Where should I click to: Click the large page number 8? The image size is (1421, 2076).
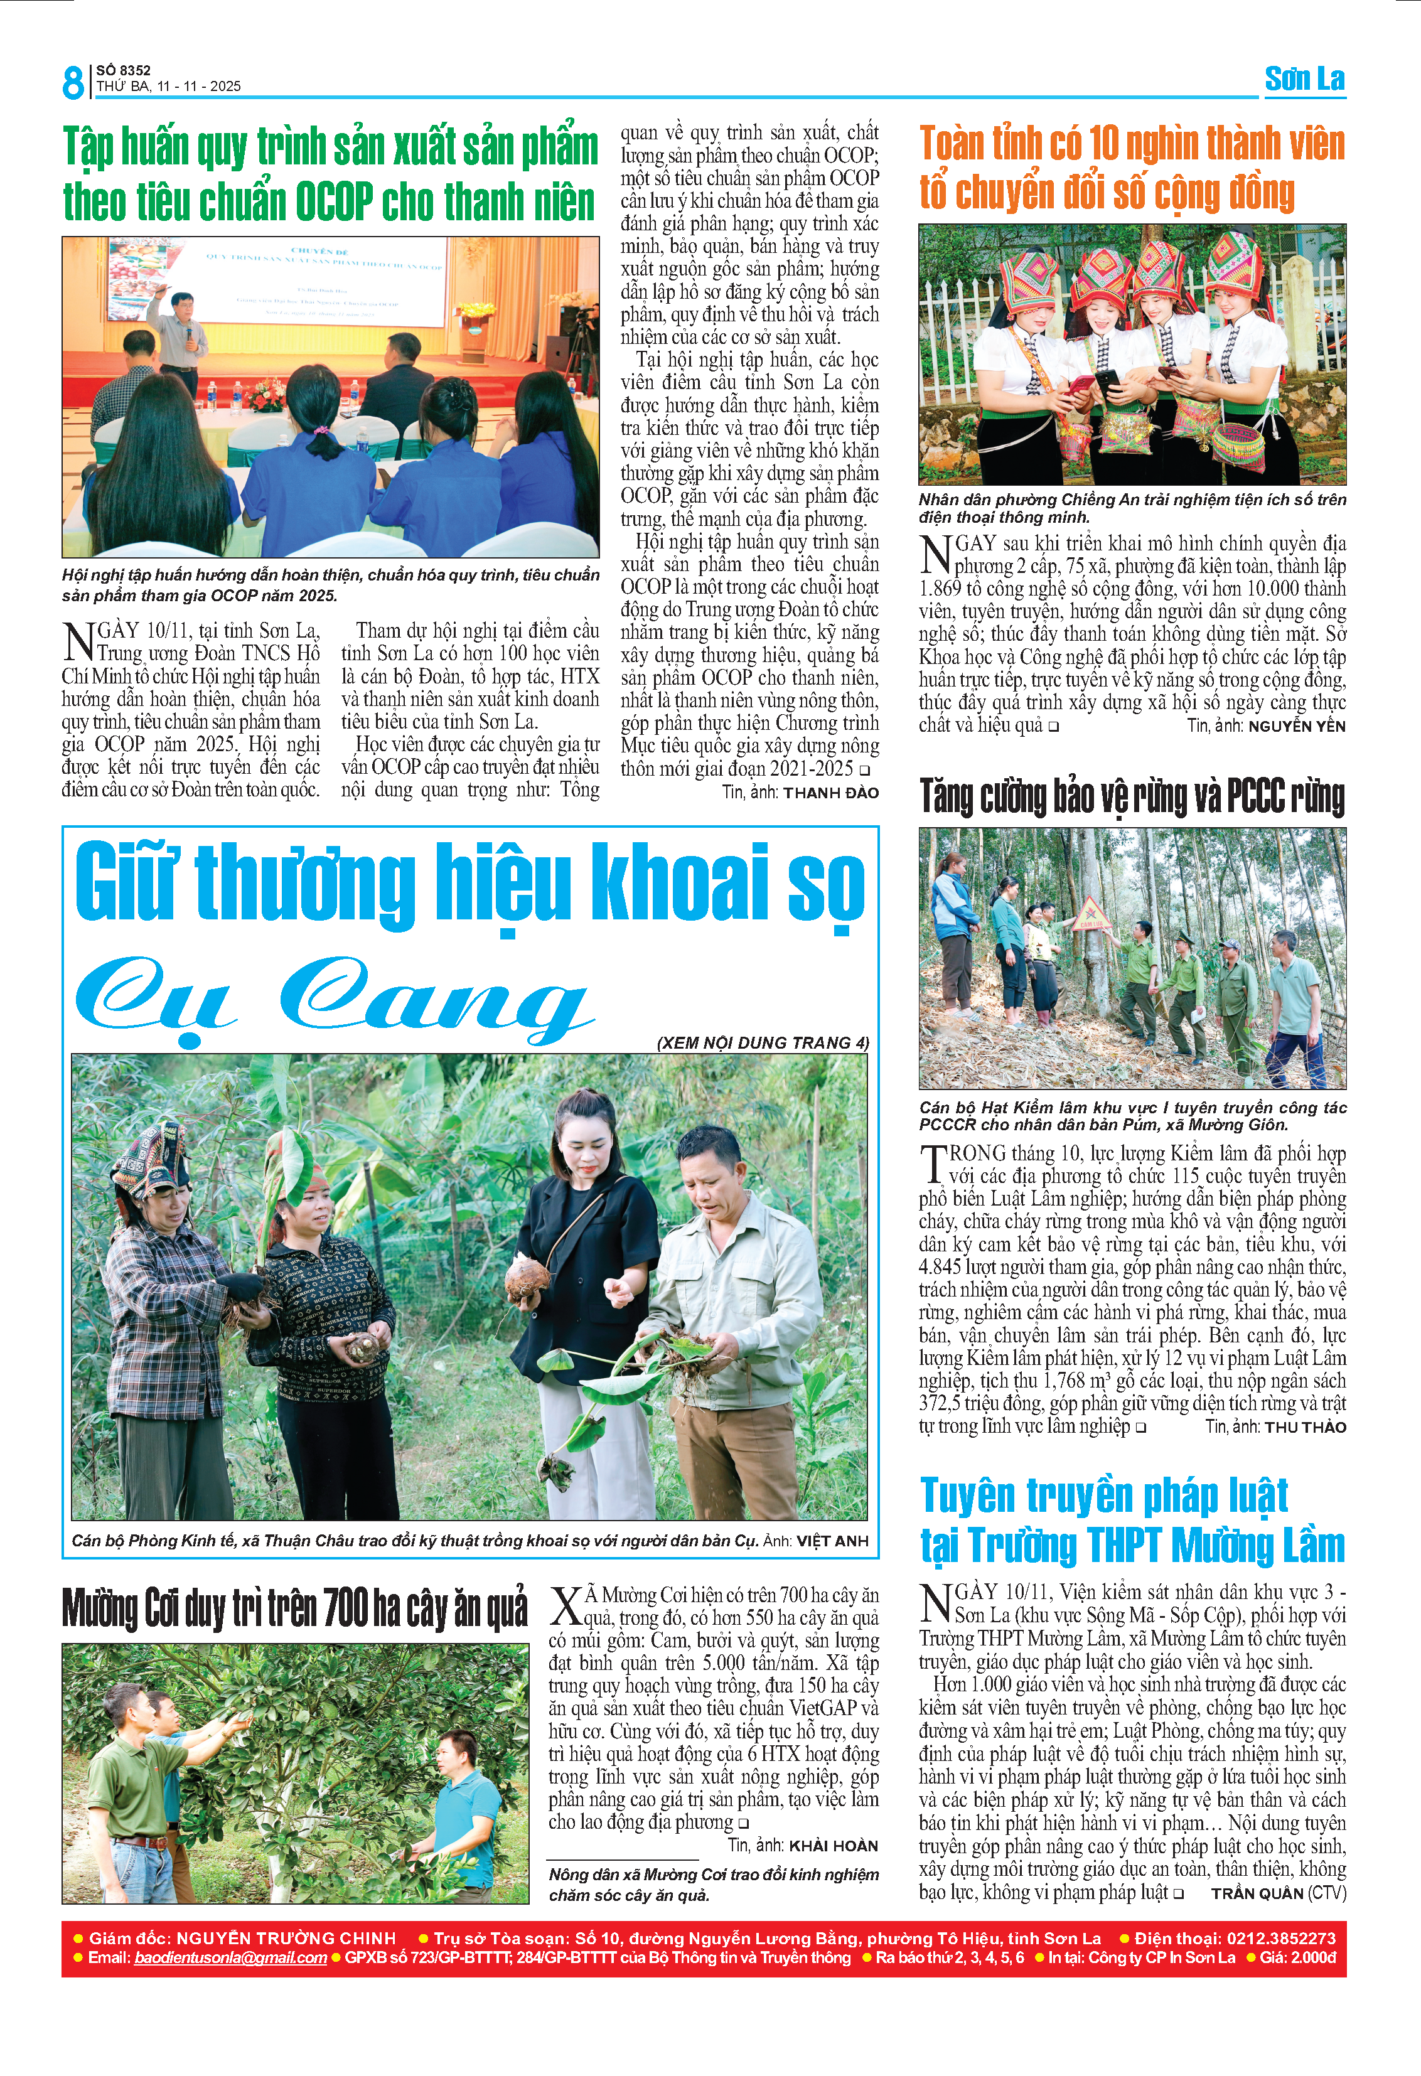tap(73, 82)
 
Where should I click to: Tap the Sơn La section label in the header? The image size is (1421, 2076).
tap(1304, 80)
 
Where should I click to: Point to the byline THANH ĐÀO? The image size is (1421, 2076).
tap(830, 793)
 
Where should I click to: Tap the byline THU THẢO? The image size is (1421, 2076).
tap(1305, 1428)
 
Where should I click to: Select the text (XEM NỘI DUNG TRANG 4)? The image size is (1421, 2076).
tap(763, 1042)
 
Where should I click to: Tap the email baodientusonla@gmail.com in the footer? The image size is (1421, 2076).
tap(230, 1957)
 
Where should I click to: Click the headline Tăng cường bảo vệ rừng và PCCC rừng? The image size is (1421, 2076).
tap(1132, 797)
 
